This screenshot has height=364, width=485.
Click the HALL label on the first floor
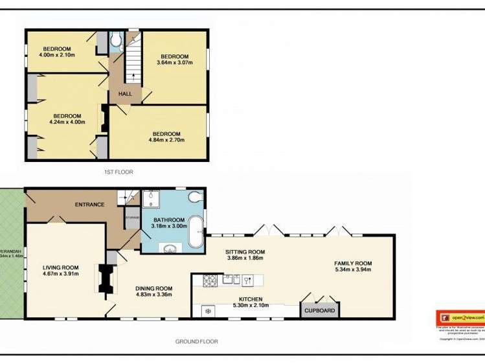click(125, 94)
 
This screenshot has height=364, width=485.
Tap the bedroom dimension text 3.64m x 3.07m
click(174, 63)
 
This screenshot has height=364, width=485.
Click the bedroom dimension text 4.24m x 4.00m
click(67, 122)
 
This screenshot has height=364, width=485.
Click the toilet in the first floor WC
click(116, 42)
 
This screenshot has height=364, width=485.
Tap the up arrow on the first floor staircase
click(134, 76)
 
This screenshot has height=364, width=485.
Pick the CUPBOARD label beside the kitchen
click(321, 311)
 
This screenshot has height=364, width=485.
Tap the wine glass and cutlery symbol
click(245, 280)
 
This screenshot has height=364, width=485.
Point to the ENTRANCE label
click(89, 205)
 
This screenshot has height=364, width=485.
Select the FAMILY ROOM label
click(353, 263)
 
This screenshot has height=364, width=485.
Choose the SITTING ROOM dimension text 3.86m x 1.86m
click(245, 258)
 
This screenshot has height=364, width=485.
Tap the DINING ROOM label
click(153, 288)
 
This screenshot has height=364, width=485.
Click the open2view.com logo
click(460, 318)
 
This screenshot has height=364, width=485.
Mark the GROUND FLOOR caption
click(197, 341)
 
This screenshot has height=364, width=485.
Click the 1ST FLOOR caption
click(118, 172)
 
